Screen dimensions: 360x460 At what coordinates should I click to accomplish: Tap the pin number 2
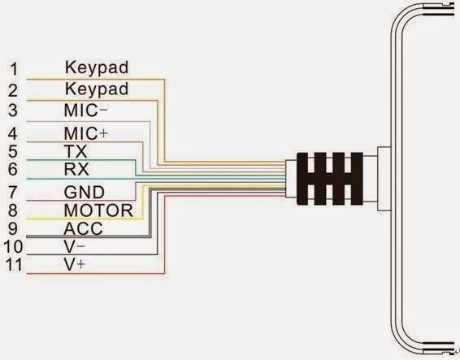tap(11, 89)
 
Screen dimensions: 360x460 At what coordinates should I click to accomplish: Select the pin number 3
tap(11, 111)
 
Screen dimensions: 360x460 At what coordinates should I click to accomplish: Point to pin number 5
tap(11, 151)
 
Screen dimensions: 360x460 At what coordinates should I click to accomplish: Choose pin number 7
tap(11, 193)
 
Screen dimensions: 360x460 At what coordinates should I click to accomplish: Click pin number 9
tap(11, 230)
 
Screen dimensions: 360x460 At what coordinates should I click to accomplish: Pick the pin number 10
tap(13, 246)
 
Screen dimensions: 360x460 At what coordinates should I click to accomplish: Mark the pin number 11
tap(13, 265)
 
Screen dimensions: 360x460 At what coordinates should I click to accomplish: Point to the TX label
tap(75, 151)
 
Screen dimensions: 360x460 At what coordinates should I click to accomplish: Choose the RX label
tap(75, 170)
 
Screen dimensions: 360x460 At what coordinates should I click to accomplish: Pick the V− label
tap(74, 246)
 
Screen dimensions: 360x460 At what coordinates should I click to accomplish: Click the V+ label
tap(74, 265)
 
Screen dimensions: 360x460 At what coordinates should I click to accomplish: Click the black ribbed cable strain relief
tap(327, 179)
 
